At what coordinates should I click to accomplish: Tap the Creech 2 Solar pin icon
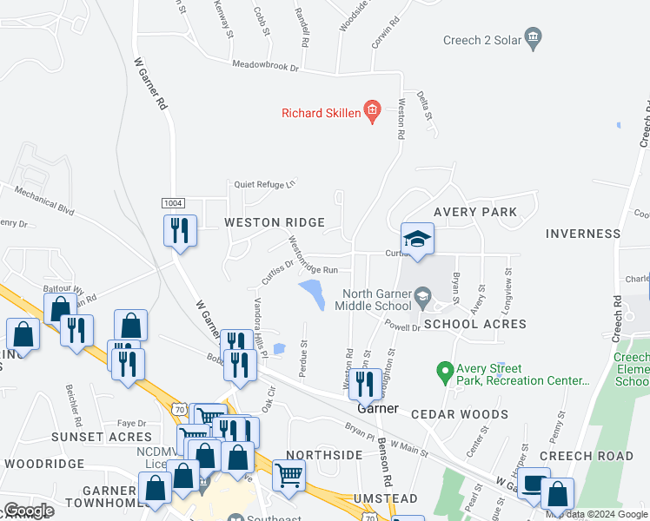click(533, 37)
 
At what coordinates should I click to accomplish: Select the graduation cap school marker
click(417, 239)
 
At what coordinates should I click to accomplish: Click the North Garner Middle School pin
click(422, 295)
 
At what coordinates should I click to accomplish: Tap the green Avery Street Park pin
click(445, 371)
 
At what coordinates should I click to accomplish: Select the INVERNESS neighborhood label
click(583, 234)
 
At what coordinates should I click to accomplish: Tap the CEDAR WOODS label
click(460, 415)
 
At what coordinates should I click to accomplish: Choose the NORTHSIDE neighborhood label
click(323, 455)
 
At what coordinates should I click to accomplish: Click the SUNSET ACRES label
click(102, 437)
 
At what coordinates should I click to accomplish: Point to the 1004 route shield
click(173, 202)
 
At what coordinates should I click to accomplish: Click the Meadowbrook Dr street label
click(265, 66)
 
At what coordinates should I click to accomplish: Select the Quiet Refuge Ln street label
click(264, 183)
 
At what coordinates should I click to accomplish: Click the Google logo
click(28, 511)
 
